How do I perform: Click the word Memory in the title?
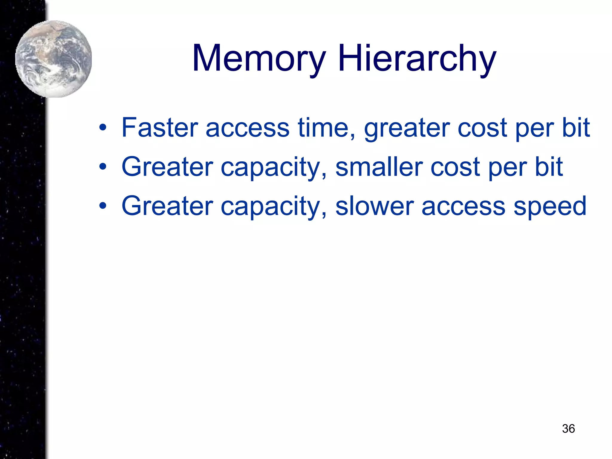click(x=259, y=58)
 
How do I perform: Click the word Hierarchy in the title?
click(x=417, y=58)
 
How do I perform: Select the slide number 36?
click(x=568, y=429)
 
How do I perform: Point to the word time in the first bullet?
click(x=326, y=128)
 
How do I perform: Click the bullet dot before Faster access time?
click(x=103, y=128)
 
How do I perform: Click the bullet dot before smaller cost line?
click(x=103, y=167)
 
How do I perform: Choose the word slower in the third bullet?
click(x=374, y=206)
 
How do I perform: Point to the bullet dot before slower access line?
click(x=103, y=206)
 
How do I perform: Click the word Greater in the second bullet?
click(x=167, y=167)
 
